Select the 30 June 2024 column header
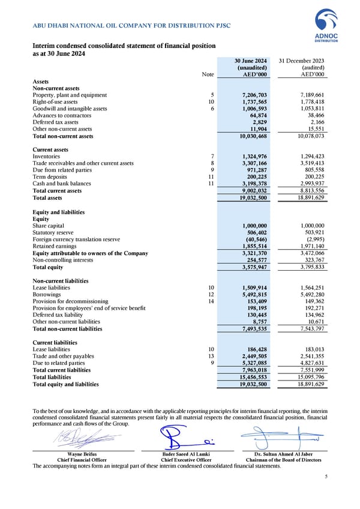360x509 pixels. [251, 61]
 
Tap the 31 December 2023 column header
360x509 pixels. [303, 61]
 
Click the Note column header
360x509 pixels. [208, 74]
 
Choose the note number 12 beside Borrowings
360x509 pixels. [211, 295]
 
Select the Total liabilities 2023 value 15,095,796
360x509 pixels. [310, 376]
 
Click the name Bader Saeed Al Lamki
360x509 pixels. [185, 454]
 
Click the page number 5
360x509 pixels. [326, 477]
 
